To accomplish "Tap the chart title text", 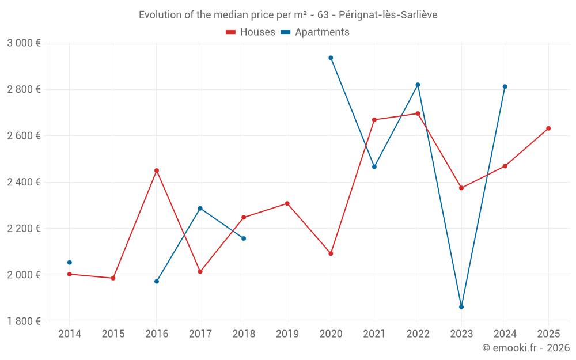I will point(288,15).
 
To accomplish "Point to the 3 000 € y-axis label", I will point(24,43).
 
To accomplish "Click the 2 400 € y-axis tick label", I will point(24,182).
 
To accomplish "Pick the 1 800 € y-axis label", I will point(24,321).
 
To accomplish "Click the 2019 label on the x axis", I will point(287,334).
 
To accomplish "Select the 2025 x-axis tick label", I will point(548,334).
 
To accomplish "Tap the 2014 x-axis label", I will point(70,334).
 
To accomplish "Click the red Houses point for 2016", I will point(157,170).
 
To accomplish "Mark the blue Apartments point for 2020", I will point(331,58).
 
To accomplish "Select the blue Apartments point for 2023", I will point(461,307).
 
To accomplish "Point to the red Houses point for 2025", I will point(548,128).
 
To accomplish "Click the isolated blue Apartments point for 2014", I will point(70,263).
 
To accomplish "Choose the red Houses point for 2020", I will point(331,253).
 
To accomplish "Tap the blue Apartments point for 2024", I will point(505,87).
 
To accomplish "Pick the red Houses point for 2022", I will point(418,113).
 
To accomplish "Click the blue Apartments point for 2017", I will point(200,209).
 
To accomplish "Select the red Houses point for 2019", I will point(287,203).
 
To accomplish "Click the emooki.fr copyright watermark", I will point(526,348).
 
